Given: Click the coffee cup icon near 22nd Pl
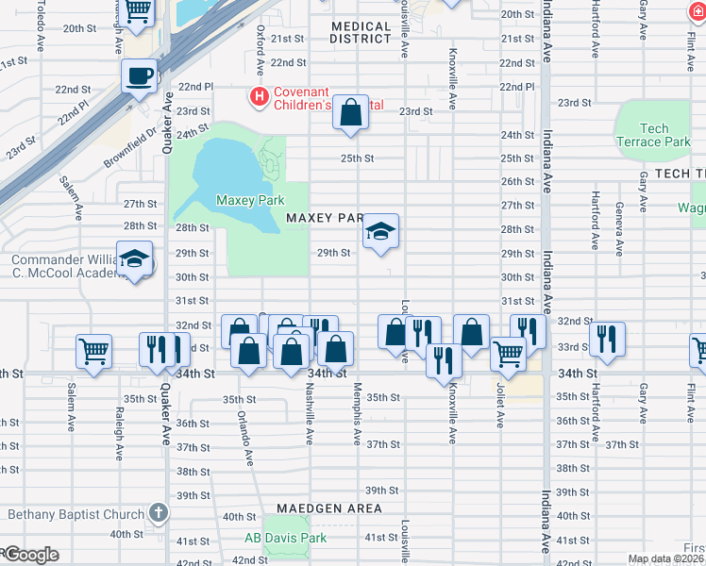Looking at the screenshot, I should tap(139, 75).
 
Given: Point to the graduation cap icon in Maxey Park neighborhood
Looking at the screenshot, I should tap(380, 232).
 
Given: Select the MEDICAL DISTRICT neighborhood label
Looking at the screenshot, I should tap(361, 33).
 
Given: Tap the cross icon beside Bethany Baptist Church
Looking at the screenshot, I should tap(159, 514).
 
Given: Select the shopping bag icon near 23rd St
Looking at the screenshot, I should tap(350, 113).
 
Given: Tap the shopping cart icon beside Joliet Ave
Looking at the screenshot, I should tap(508, 354).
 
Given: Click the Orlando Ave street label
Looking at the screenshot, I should tap(244, 438).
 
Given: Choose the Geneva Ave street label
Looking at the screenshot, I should tap(619, 228).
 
